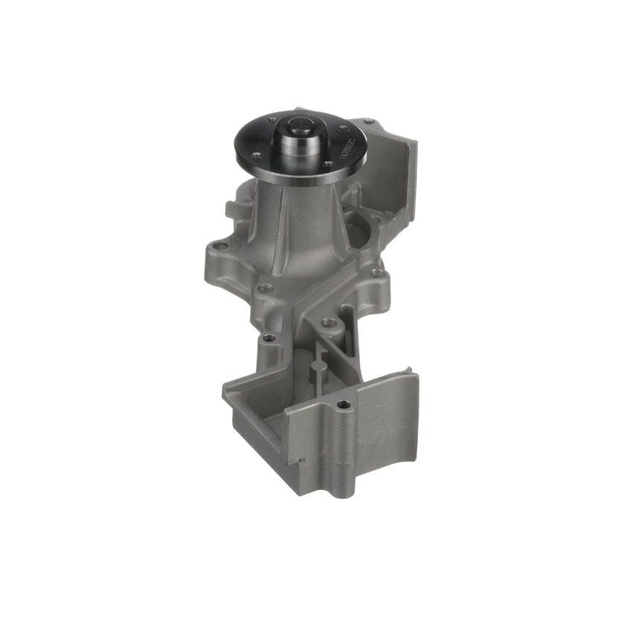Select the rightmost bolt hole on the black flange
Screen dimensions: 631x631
pyautogui.click(x=344, y=128)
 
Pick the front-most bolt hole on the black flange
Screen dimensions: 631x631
pyautogui.click(x=327, y=164)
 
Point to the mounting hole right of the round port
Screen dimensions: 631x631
pyautogui.click(x=379, y=273)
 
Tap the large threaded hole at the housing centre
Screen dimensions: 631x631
pyautogui.click(x=327, y=323)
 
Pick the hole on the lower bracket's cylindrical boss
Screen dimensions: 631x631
pyautogui.click(x=342, y=405)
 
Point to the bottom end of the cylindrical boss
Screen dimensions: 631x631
pyautogui.click(x=344, y=490)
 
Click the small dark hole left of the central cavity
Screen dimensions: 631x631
pyautogui.click(x=269, y=338)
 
